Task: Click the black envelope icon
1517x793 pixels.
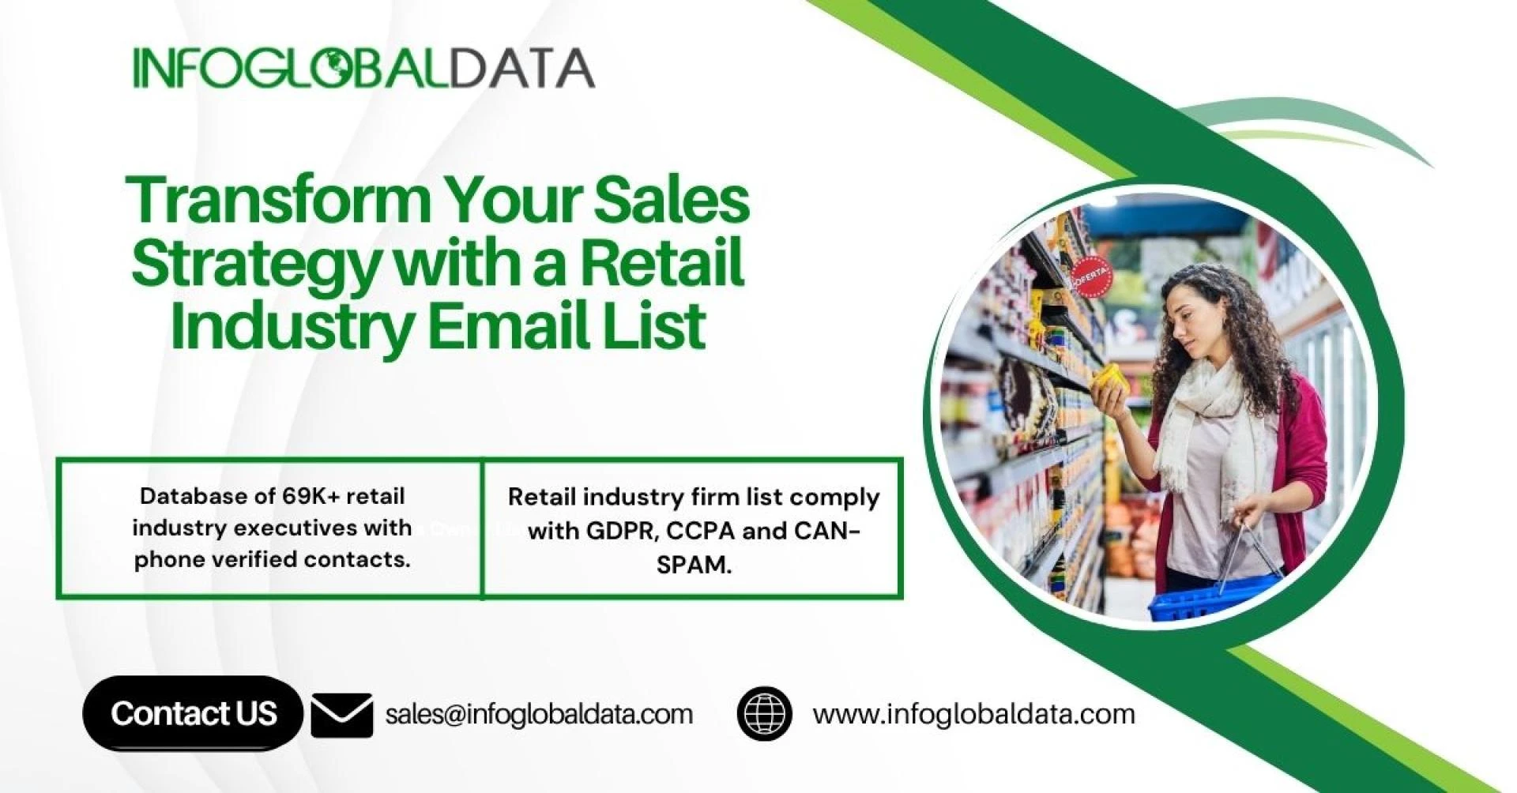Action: point(341,715)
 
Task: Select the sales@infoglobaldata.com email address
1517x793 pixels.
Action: point(539,714)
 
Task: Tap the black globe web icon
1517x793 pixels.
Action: point(764,713)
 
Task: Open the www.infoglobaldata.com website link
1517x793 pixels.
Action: point(973,714)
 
